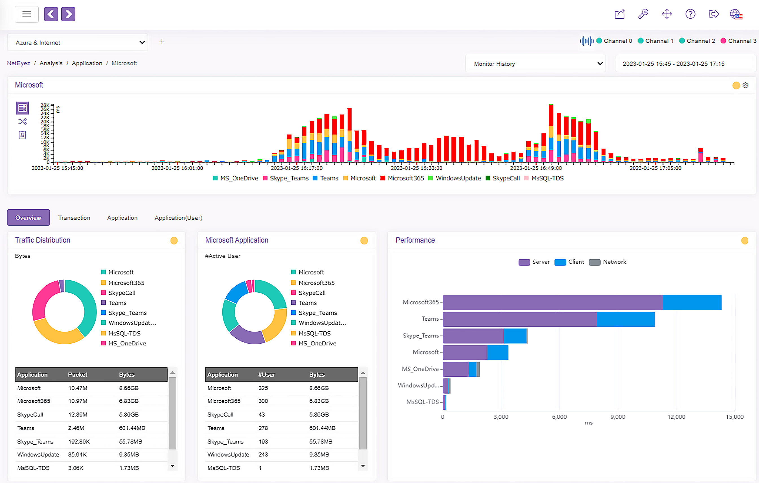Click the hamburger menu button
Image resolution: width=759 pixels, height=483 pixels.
[27, 14]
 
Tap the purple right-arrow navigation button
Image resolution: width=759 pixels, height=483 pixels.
[68, 14]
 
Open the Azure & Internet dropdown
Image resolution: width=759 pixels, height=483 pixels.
[78, 43]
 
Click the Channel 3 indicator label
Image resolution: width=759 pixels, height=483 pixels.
[742, 41]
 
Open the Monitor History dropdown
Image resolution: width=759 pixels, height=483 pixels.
[535, 64]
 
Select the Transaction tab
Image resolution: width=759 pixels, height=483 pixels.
[74, 218]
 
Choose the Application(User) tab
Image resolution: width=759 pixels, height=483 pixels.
[178, 218]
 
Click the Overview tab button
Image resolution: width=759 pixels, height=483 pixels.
[28, 218]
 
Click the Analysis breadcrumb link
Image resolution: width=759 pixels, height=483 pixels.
[51, 63]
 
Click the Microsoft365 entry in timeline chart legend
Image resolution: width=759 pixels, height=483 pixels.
[405, 178]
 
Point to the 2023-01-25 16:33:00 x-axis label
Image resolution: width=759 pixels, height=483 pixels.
[416, 168]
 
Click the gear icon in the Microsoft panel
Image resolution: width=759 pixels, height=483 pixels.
[745, 85]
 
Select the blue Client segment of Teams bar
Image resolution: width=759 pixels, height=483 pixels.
[626, 319]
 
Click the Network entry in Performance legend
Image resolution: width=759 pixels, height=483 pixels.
[614, 262]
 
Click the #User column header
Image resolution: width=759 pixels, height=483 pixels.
[266, 375]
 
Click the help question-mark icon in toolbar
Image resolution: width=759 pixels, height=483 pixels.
[690, 14]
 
